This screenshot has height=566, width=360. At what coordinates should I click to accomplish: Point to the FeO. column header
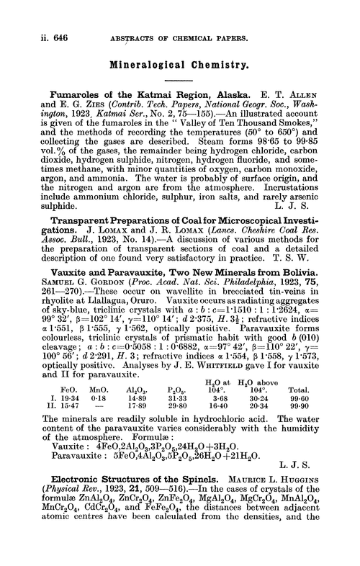click(x=64, y=394)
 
